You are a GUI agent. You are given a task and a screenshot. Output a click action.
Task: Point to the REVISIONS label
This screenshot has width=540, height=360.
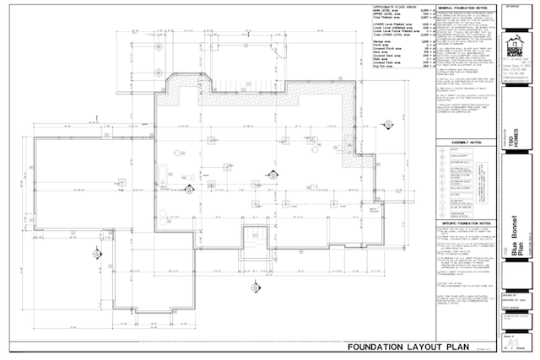510,4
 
